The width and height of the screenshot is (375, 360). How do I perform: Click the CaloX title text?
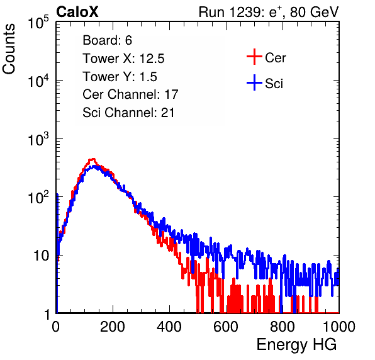coord(77,12)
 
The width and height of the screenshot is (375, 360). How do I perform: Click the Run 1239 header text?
coord(269,12)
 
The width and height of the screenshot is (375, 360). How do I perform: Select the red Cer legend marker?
coord(254,57)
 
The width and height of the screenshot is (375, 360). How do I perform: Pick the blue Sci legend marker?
coord(254,83)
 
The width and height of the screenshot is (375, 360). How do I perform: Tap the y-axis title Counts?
coord(9,49)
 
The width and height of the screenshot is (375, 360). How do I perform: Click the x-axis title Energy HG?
coord(296,345)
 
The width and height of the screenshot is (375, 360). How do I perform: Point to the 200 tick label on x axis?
coord(113,327)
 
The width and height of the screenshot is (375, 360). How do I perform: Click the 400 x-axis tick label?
coord(169,327)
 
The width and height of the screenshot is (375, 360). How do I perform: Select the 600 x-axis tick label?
coord(226,327)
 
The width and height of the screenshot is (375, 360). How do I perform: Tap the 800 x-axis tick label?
coord(283,327)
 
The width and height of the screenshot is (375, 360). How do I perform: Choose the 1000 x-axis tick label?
coord(339,327)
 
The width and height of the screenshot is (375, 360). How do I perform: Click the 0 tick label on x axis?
coord(56,327)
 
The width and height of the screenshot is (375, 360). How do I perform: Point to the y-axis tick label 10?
coord(42,256)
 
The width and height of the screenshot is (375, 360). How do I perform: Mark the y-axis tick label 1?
coord(47,314)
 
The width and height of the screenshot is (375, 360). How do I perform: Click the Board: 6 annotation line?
coord(107,40)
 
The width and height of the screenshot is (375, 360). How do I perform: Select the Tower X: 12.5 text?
coord(123,59)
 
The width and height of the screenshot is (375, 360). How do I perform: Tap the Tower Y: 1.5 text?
coord(120,77)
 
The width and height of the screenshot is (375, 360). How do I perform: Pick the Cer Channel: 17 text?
coord(130,94)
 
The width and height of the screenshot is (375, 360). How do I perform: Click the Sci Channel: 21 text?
coord(128,113)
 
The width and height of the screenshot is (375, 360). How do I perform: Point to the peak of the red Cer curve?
coord(92,159)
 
